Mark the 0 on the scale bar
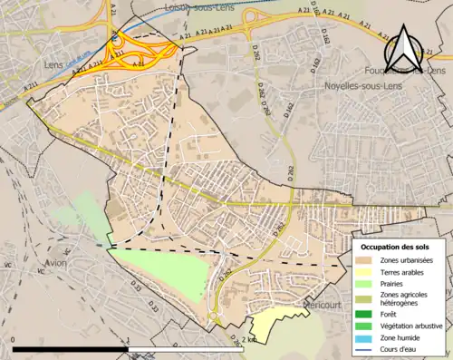coord(14,339)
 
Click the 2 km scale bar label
coord(250,339)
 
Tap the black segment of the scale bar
coord(70,348)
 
